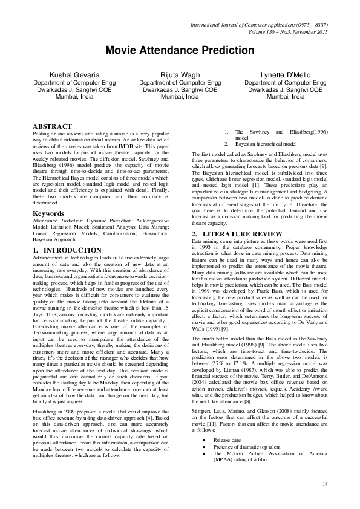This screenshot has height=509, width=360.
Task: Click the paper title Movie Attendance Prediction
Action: pos(180,50)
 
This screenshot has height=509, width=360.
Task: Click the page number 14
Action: pos(325,484)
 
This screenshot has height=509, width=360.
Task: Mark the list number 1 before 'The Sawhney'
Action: pos(225,131)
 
